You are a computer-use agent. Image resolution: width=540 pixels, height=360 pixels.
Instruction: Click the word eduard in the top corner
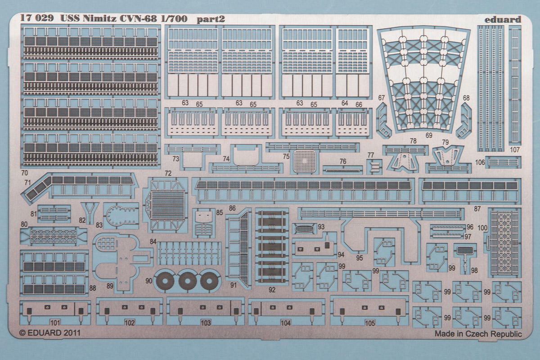[503, 19]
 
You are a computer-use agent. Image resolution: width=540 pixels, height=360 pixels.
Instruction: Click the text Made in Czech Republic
[478, 334]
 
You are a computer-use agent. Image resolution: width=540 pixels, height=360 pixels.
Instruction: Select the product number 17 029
[37, 19]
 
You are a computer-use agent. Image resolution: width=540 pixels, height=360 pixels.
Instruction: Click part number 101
[55, 323]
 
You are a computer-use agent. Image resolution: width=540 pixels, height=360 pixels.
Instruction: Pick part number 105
[370, 323]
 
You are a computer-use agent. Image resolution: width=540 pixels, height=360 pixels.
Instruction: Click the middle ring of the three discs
[186, 281]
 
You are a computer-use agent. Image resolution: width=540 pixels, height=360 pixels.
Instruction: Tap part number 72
[168, 173]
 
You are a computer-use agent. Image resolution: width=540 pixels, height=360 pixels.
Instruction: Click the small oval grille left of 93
[305, 228]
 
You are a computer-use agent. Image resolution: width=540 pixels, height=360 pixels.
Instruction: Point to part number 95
[359, 257]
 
